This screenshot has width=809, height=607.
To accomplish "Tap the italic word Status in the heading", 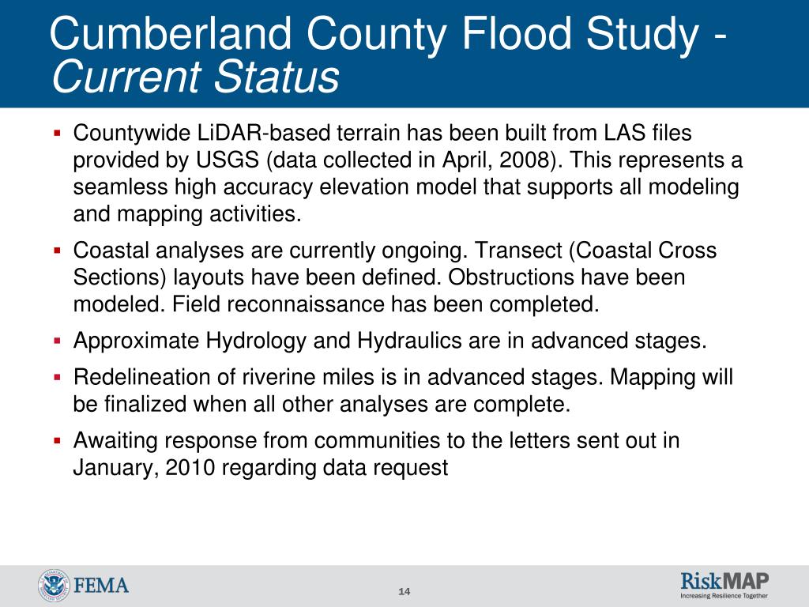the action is [277, 77].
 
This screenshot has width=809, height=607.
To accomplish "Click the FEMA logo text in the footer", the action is [102, 586].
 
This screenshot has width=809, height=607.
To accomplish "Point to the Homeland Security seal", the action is [54, 586].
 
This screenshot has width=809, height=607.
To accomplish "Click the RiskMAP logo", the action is [724, 585].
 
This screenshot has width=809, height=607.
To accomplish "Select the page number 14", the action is [404, 591].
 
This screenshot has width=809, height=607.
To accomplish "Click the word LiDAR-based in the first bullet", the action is [264, 133].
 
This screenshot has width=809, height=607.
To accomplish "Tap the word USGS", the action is [227, 160].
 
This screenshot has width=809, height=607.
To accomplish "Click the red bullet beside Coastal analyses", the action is [57, 251].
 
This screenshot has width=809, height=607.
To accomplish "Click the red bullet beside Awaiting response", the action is [57, 441].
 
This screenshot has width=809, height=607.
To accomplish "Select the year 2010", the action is [190, 468].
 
